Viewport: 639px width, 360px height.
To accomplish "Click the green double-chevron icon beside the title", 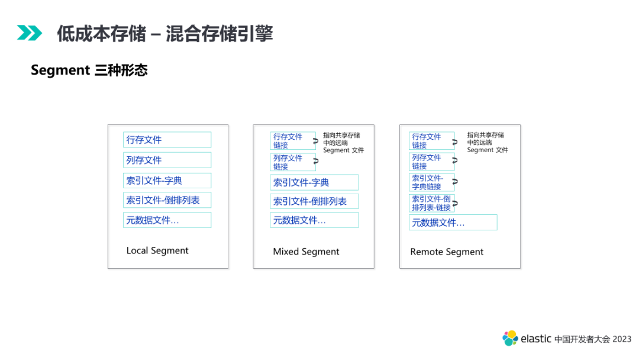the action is [30, 33].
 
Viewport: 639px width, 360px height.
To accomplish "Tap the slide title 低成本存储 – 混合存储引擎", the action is [164, 33].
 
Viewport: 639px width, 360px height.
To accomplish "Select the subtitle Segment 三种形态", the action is [89, 70].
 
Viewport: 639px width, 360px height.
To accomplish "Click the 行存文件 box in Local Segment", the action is [167, 140].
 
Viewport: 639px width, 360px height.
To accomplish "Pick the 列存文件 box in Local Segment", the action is [167, 160].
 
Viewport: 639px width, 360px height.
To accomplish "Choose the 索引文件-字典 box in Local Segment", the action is [167, 181].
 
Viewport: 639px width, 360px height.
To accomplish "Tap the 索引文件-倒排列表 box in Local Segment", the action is [167, 200].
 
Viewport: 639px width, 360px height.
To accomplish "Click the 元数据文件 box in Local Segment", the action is [167, 220].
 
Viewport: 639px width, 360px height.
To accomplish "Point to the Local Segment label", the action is [157, 250].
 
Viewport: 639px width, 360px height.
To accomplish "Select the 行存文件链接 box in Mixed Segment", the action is [292, 141].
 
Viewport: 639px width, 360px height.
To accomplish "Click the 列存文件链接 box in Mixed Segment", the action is [292, 162].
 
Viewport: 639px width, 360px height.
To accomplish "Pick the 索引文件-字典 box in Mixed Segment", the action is [314, 182].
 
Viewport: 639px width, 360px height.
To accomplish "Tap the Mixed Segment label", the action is [306, 252].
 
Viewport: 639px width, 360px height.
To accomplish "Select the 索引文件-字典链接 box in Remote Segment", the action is [431, 182].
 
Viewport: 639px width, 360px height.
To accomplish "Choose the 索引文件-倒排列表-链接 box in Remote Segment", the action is [431, 203].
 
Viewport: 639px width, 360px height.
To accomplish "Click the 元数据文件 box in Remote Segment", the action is [453, 223].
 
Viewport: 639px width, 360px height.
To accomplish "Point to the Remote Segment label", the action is [447, 252].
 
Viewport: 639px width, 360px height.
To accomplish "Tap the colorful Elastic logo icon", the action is [510, 338].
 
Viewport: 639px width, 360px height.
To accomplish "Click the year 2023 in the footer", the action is [622, 339].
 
